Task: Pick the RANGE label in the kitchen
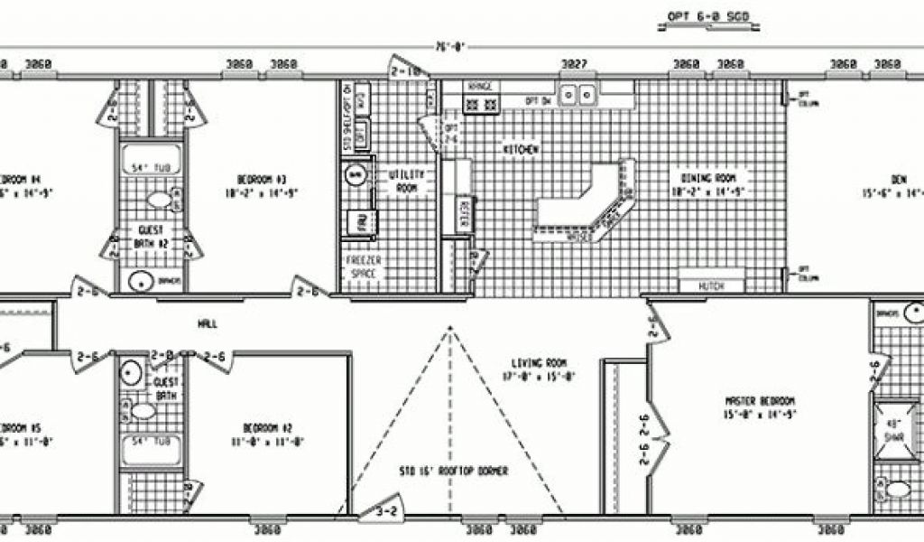[479, 87]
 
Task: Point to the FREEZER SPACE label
[361, 266]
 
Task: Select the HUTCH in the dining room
[712, 286]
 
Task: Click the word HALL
[207, 323]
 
